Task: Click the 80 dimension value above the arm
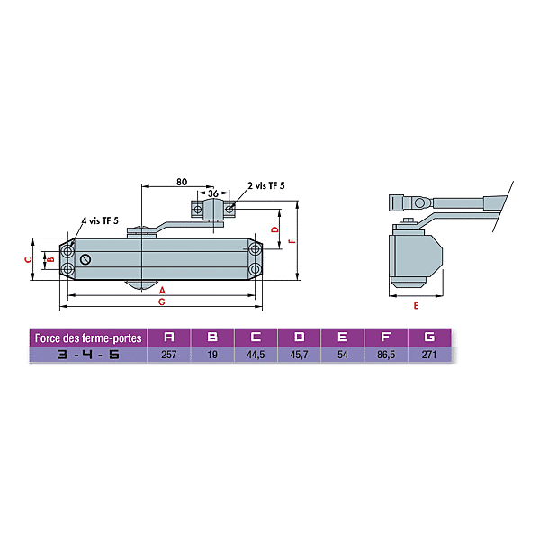182,182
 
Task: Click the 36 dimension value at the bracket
213,193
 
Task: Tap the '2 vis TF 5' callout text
266,185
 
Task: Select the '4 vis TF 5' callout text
100,220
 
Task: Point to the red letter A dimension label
162,291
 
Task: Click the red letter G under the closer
161,301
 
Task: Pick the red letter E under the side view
416,305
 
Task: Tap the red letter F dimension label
293,240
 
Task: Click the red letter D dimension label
274,229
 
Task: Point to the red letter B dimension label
51,259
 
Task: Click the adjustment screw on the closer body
85,259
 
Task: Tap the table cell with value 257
169,355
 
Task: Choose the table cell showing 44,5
256,355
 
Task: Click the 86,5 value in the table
386,355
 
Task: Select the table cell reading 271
429,355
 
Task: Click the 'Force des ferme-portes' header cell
88,337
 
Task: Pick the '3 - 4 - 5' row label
88,355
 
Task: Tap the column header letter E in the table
342,337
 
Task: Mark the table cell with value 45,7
300,355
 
